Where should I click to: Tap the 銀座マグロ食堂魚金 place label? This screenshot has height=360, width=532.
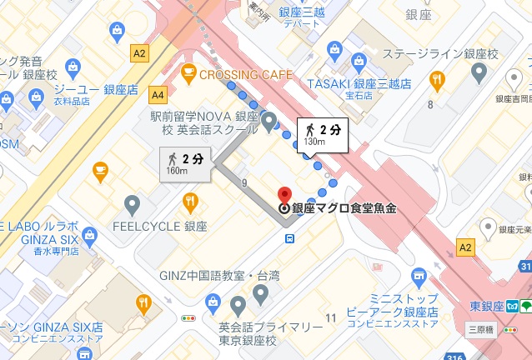[x=343, y=208]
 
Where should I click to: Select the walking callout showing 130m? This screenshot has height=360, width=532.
[x=321, y=135]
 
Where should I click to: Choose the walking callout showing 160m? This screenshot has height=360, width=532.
[x=184, y=163]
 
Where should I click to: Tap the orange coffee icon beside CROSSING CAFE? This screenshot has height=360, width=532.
[x=188, y=74]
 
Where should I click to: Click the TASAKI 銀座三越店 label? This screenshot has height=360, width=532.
[x=359, y=84]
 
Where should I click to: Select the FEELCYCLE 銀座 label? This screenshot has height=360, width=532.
[x=172, y=226]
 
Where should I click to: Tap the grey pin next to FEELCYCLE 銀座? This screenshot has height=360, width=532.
[x=132, y=204]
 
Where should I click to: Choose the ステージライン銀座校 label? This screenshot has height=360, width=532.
[x=439, y=53]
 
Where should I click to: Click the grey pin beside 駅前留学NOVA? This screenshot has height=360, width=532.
[x=269, y=122]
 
